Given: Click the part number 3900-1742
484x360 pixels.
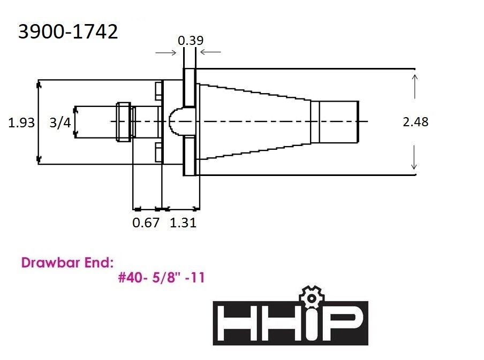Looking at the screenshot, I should (68, 32).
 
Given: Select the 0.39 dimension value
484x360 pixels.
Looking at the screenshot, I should (190, 40).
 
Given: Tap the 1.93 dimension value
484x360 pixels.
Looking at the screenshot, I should (21, 122).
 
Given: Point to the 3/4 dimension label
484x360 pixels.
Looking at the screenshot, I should (59, 122).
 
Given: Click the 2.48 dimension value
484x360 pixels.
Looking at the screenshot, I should (415, 122).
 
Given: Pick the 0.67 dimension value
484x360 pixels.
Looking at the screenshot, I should (146, 223).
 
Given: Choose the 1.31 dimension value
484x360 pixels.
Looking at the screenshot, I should (183, 223).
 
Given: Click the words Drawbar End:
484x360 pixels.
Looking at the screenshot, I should (67, 263).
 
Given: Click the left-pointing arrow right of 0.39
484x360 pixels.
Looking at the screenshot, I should (210, 52).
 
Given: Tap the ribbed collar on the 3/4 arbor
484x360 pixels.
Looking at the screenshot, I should (123, 121).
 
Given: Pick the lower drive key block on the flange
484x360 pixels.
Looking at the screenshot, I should (158, 152).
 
